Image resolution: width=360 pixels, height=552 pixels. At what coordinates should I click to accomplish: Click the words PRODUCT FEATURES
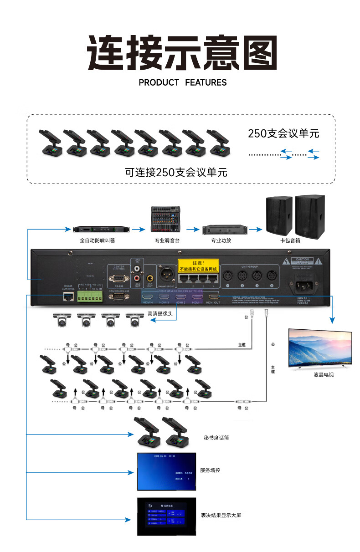(182, 82)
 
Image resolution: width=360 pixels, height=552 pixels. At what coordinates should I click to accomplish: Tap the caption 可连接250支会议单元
(176, 173)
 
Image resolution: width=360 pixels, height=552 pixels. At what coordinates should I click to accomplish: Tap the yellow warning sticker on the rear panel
(198, 266)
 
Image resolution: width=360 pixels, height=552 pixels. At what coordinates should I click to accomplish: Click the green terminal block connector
(89, 296)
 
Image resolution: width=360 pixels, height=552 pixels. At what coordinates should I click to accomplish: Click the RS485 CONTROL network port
(68, 296)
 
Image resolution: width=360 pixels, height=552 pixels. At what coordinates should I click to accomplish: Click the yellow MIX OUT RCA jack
(150, 277)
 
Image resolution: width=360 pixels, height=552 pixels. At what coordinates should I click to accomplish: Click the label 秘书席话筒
(216, 438)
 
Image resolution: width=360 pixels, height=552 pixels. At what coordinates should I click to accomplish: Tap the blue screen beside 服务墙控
(166, 471)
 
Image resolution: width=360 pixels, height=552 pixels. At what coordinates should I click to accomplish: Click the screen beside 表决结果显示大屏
(166, 516)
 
